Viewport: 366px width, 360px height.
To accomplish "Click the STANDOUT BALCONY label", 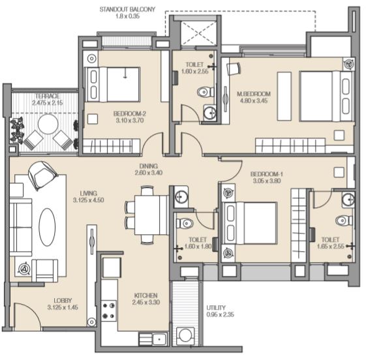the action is (x=127, y=10).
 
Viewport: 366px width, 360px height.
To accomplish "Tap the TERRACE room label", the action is (x=48, y=96).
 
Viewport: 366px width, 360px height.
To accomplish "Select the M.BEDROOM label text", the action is (x=254, y=94).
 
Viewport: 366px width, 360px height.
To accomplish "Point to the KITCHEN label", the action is (x=146, y=295).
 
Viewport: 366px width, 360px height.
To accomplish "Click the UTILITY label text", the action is (x=216, y=308).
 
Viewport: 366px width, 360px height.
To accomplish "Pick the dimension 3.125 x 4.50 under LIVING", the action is (x=89, y=200).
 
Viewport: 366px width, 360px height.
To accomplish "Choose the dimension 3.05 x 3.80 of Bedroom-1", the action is (x=267, y=181).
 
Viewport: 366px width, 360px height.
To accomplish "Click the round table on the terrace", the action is (x=48, y=124).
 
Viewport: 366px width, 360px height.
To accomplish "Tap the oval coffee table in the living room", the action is (x=47, y=227).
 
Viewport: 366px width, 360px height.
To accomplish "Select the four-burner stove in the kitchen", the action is (x=109, y=311).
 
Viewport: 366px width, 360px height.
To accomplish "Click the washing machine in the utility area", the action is (x=185, y=336).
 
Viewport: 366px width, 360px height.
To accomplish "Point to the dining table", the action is (x=151, y=215).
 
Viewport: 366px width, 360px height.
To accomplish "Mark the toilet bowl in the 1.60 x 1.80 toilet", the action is (x=185, y=223).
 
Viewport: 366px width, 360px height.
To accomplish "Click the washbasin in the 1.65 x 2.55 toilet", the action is (x=348, y=200).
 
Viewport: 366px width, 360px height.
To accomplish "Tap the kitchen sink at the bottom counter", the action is (x=159, y=339).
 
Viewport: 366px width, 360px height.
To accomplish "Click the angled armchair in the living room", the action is (x=42, y=174).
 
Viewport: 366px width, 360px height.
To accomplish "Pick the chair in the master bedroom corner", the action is (x=234, y=68).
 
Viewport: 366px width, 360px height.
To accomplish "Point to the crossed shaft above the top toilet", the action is (x=199, y=33).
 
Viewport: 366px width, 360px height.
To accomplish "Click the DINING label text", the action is (x=149, y=166).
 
